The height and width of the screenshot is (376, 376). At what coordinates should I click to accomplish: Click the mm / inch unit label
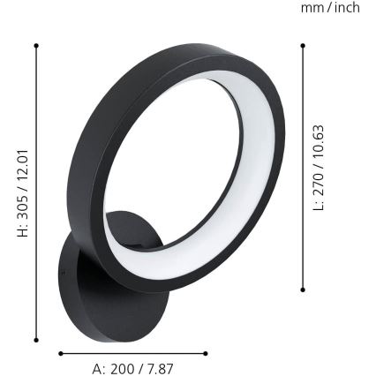330,8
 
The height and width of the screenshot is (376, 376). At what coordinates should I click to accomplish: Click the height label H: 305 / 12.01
24,193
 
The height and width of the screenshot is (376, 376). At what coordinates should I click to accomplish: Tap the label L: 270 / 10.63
320,167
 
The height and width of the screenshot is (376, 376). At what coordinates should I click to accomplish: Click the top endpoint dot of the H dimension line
36,45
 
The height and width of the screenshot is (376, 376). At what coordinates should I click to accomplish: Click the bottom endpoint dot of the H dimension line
36,340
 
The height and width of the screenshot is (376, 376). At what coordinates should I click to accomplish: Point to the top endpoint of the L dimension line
303,46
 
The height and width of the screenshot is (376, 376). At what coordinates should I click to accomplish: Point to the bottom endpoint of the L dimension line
303,289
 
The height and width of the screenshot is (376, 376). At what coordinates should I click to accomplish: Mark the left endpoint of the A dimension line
60,353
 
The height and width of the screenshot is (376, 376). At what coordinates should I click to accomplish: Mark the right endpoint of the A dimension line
206,353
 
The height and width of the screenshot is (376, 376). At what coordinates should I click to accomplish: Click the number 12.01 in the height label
24,165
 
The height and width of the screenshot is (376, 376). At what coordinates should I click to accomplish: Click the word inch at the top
345,8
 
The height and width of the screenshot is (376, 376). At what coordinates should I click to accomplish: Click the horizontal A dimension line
132,353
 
